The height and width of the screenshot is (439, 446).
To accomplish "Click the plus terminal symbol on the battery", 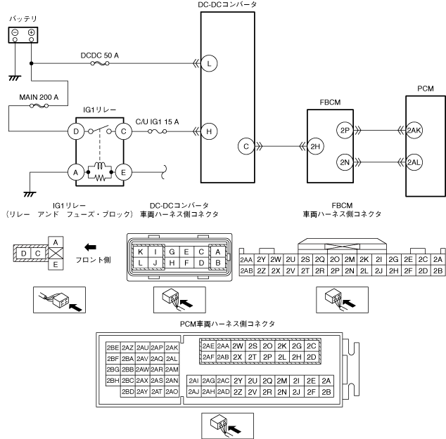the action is click(x=31, y=32).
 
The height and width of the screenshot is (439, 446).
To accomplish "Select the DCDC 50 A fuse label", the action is click(x=100, y=55).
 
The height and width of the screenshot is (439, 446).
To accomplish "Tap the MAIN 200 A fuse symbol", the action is click(x=39, y=106).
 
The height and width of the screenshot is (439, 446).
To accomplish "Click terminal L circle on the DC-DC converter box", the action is click(x=209, y=63).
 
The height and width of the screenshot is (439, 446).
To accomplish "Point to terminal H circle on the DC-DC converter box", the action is click(x=209, y=131).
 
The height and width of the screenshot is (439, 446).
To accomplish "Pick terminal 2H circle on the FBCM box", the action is click(x=315, y=147).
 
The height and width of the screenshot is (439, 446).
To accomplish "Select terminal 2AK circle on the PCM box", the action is click(x=414, y=131).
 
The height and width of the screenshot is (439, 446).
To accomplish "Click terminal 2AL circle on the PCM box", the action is click(x=414, y=162).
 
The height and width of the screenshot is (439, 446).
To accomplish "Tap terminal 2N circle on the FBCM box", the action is click(x=345, y=162).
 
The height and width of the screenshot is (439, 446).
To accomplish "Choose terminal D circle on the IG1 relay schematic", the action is click(x=76, y=131).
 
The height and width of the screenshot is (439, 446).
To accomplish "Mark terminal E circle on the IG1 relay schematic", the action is click(x=123, y=172).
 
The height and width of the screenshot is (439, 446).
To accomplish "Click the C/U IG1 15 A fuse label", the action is click(x=157, y=122).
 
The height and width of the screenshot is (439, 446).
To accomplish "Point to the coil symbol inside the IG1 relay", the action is click(x=100, y=166).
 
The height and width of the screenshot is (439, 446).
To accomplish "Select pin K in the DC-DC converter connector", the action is click(x=141, y=251).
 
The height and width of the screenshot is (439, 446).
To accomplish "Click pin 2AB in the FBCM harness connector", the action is click(x=246, y=271).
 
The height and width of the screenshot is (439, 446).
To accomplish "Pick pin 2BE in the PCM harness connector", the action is click(x=113, y=348).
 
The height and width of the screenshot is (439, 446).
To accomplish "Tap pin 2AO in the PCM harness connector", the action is click(x=172, y=392).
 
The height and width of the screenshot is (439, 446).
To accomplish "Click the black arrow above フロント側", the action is click(x=91, y=247).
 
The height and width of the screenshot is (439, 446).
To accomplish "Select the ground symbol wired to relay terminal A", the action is click(x=30, y=195).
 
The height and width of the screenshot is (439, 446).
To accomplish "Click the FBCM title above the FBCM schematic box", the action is click(x=330, y=103).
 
